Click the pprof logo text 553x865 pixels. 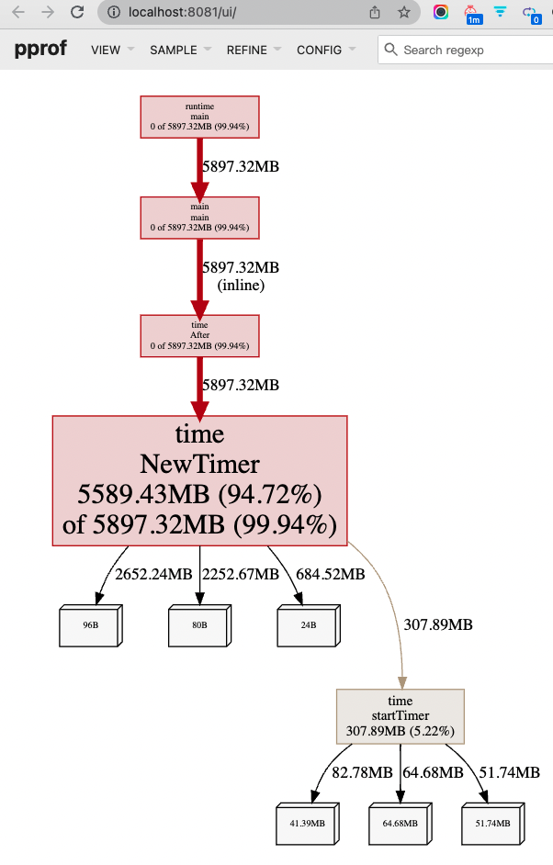click(40, 50)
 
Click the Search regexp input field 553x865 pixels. click(468, 50)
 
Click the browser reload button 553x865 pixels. click(77, 13)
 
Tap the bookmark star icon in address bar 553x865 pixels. click(404, 13)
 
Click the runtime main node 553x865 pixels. click(199, 117)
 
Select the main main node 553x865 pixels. click(199, 218)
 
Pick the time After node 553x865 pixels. click(199, 335)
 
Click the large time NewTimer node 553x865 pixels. click(199, 479)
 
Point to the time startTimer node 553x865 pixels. click(401, 716)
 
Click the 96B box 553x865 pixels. click(90, 626)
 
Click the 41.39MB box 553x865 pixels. click(307, 825)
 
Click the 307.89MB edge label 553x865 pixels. click(438, 625)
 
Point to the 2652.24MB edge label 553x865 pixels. click(153, 575)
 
